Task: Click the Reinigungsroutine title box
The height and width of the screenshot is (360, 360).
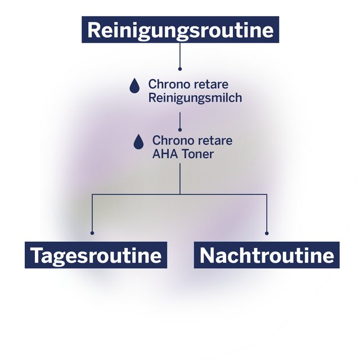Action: pos(180,30)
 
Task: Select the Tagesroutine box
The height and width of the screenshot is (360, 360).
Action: pos(96,255)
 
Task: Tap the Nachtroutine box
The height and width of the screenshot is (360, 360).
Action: pos(267,255)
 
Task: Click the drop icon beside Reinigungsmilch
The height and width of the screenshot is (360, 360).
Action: pos(134,85)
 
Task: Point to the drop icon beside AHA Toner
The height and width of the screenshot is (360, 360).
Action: pos(138,142)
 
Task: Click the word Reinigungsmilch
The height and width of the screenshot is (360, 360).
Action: pos(195,98)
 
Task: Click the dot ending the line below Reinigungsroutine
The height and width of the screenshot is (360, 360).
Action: pos(180,69)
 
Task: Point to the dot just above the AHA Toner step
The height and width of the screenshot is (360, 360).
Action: pos(180,129)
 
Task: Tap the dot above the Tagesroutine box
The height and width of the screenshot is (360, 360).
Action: pos(92,232)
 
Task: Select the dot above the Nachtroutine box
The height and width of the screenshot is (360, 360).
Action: pos(267,232)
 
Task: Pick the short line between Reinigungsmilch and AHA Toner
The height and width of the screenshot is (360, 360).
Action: pos(180,120)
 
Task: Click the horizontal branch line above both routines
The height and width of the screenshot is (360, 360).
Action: pos(135,194)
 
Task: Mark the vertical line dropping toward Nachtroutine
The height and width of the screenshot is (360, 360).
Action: pos(267,214)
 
